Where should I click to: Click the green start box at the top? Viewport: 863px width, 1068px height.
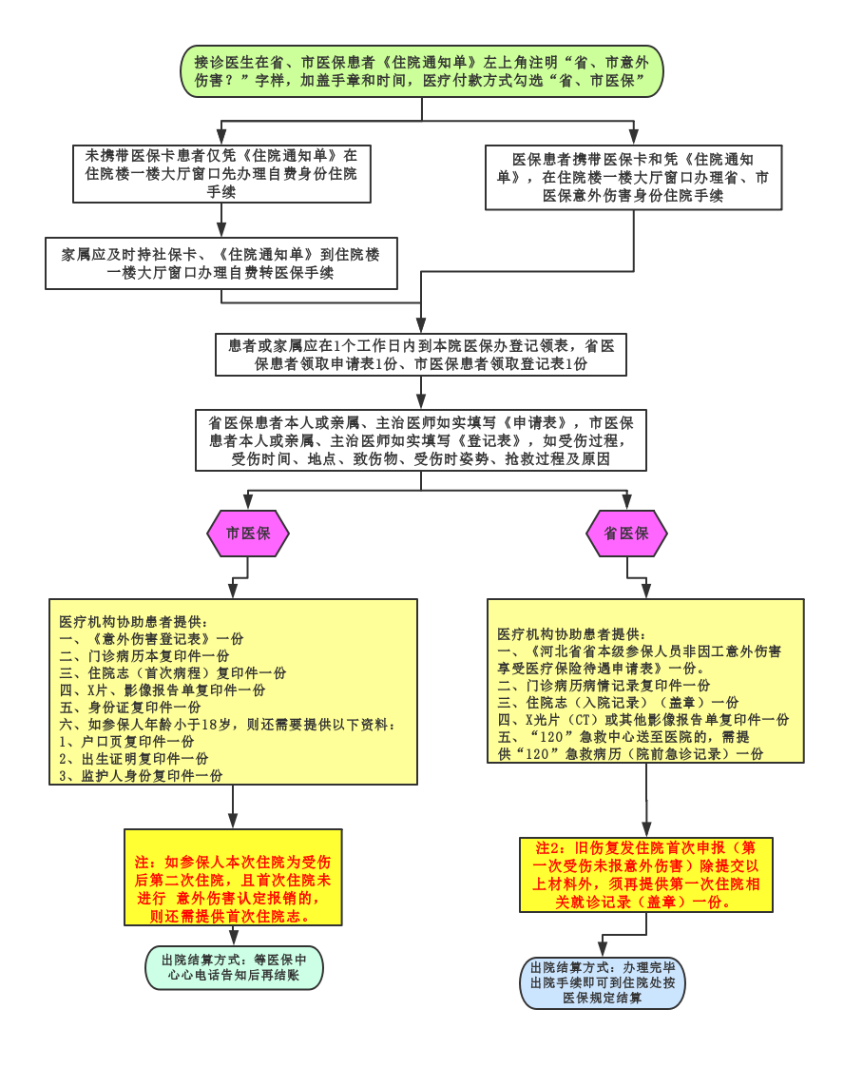422,71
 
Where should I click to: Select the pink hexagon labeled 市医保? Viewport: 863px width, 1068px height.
248,534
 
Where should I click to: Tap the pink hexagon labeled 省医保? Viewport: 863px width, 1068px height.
626,534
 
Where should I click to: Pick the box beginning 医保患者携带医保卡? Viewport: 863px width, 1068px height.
633,177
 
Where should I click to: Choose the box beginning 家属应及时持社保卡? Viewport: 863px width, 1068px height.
221,263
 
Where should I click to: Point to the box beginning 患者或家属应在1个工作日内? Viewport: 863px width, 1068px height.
421,355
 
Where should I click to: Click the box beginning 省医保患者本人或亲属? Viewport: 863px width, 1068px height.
421,439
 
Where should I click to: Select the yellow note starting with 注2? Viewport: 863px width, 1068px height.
646,875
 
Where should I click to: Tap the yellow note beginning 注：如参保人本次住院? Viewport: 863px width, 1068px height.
233,877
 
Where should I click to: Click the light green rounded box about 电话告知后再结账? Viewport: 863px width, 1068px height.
234,967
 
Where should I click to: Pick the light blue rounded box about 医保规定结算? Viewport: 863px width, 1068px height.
602,982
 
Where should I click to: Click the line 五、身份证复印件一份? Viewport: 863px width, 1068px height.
130,708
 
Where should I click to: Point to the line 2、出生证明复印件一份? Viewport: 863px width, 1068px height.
134,759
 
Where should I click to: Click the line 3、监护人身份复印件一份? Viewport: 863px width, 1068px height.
141,776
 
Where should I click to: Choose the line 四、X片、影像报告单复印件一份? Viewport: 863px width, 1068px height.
163,690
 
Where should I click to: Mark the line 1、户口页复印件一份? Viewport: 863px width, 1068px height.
126,742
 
